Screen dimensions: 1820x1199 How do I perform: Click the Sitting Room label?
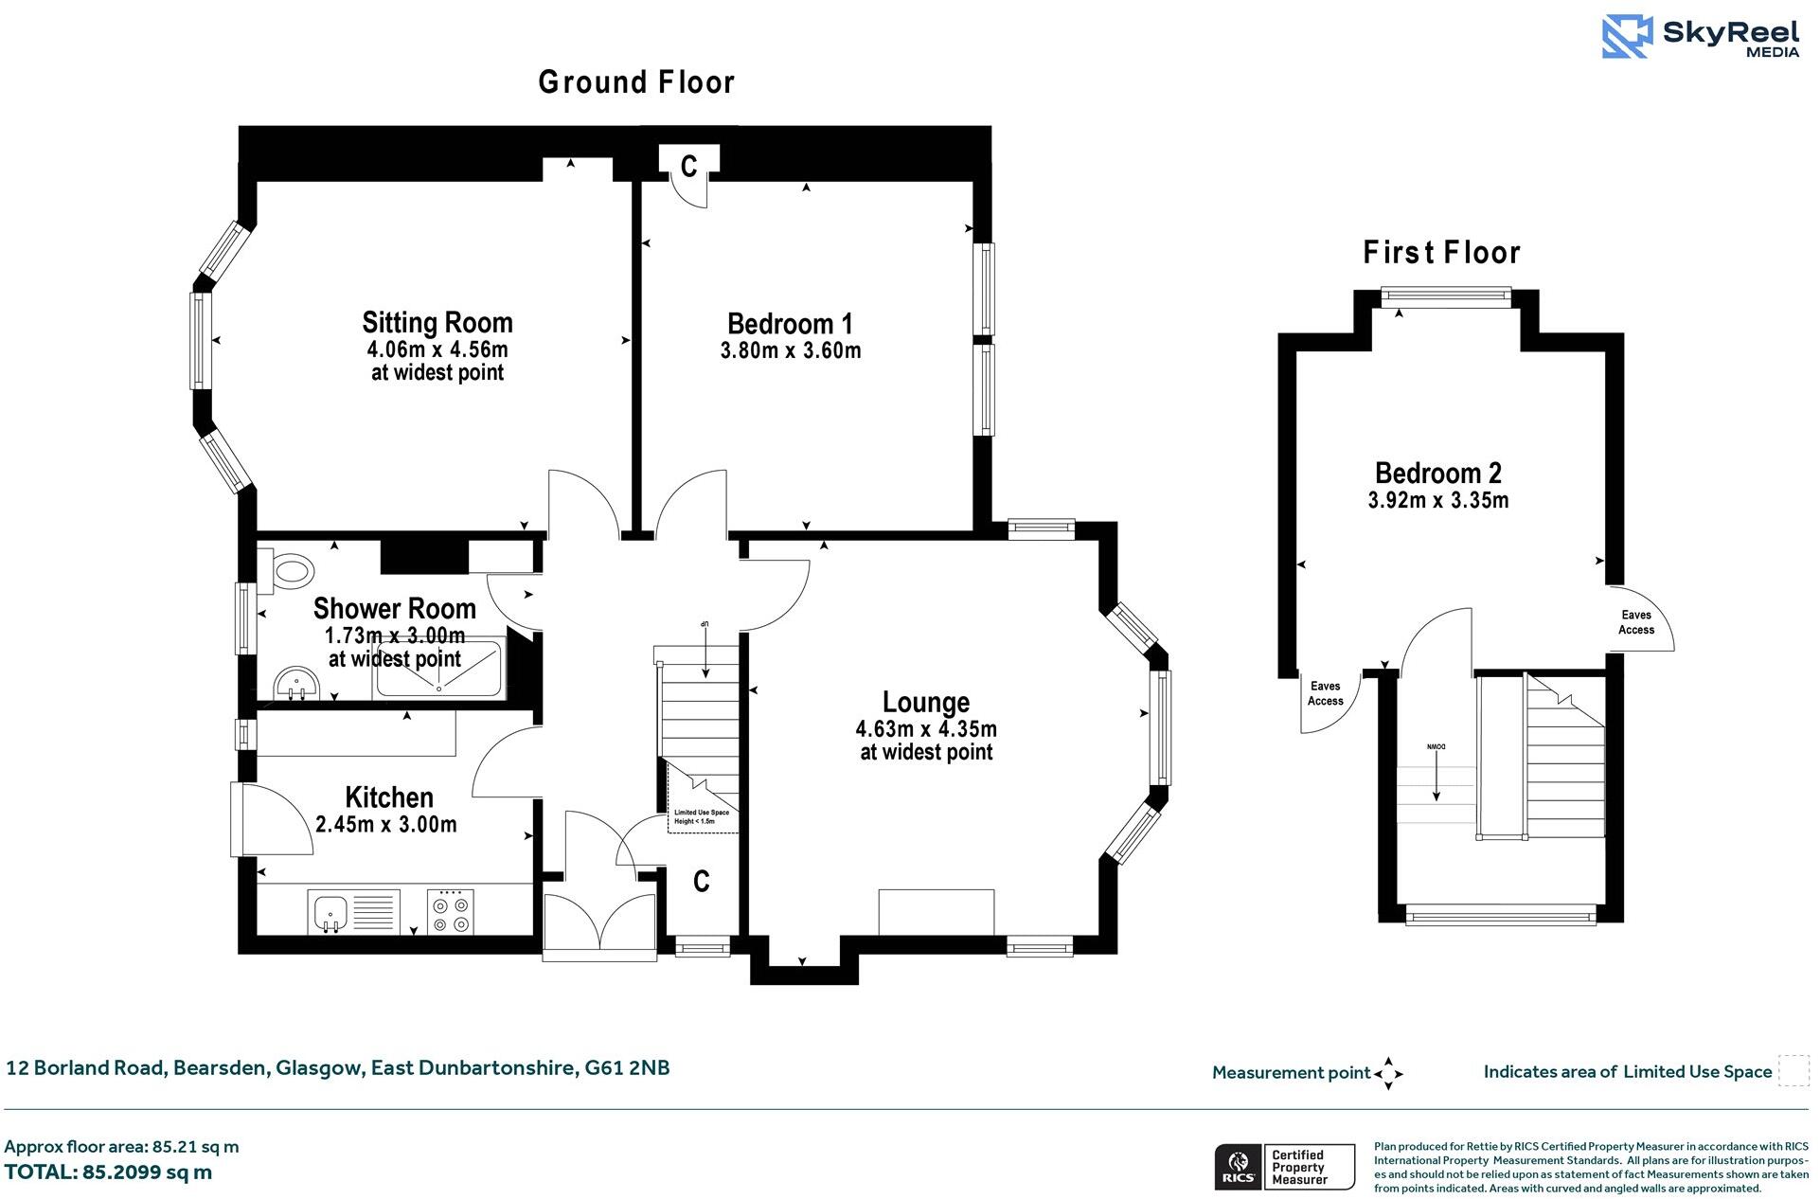click(437, 322)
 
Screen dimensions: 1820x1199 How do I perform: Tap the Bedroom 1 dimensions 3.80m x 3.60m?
click(791, 351)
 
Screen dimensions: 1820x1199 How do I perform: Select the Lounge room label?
click(925, 702)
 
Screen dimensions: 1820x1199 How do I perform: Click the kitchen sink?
click(329, 912)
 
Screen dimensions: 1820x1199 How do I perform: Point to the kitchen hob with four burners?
click(450, 912)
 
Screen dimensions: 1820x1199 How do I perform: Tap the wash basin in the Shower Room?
click(294, 684)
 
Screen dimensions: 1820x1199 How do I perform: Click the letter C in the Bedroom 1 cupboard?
click(688, 168)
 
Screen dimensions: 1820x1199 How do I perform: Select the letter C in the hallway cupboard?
click(701, 882)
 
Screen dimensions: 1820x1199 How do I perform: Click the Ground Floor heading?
click(636, 83)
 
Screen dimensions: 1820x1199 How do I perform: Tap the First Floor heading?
click(1441, 253)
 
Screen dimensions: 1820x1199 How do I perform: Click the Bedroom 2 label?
click(1437, 473)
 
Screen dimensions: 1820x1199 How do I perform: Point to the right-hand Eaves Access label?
click(1635, 622)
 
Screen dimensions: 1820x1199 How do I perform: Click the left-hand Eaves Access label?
click(1325, 693)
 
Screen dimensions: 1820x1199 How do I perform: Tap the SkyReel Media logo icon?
click(1626, 37)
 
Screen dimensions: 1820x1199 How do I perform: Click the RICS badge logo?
click(1236, 1167)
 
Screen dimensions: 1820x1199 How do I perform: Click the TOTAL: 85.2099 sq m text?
click(109, 1172)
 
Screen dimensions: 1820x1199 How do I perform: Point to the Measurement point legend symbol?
click(1387, 1073)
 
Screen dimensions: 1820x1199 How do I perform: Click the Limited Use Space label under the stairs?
click(701, 816)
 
